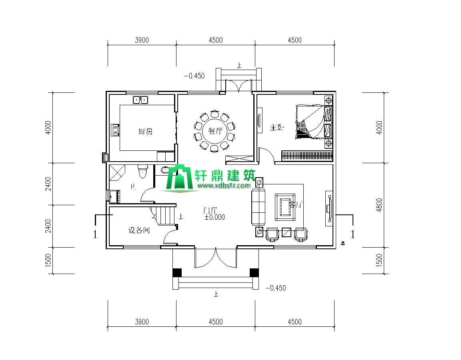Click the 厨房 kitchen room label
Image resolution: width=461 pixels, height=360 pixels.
click(145, 131)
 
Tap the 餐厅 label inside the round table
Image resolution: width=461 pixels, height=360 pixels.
click(215, 131)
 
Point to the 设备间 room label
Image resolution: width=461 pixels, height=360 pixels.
click(139, 230)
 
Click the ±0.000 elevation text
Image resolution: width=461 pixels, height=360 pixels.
click(215, 217)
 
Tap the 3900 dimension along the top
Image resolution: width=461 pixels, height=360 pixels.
click(142, 40)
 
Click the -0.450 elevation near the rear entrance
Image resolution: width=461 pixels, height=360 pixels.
click(194, 75)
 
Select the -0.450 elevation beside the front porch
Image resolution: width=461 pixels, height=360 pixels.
click(276, 288)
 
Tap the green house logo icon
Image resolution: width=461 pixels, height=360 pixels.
click(180, 178)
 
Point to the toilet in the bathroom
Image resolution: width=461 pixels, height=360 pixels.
click(142, 171)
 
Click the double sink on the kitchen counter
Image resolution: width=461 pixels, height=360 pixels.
click(140, 100)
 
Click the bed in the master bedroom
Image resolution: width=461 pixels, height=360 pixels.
click(314, 122)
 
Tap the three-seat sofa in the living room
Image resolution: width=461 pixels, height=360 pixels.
click(259, 207)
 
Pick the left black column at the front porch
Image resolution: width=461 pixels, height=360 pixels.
click(177, 272)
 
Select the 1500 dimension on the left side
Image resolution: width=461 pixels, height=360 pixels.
click(48, 261)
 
